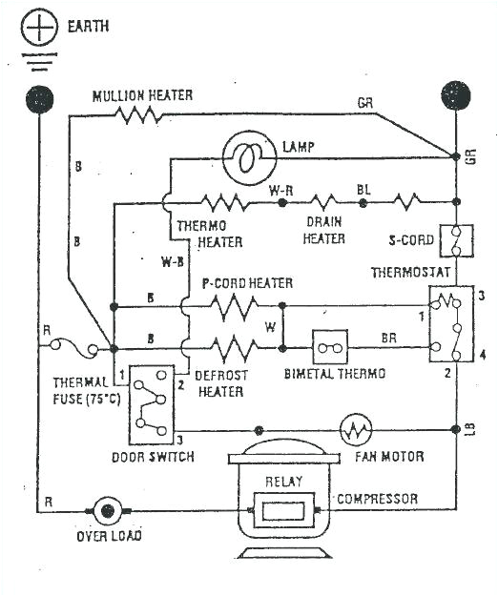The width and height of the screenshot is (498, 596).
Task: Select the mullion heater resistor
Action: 137,115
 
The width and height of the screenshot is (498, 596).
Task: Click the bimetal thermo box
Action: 330,347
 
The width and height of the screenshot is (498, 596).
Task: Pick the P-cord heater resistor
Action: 234,307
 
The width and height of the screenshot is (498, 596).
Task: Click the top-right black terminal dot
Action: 455,97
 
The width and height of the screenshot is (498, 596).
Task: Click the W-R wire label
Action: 280,190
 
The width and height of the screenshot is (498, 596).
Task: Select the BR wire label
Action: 388,338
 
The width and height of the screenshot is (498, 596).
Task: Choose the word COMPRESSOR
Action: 378,499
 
